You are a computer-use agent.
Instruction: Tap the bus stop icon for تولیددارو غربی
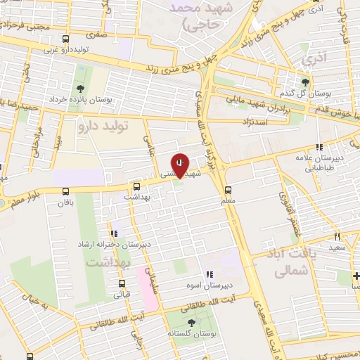[x=65, y=40]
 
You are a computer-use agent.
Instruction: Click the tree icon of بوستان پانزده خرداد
[x=79, y=88]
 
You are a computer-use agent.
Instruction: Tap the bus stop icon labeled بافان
[x=65, y=191]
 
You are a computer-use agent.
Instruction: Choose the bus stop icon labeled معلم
[x=227, y=189]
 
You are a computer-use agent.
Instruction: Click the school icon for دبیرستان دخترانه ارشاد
[x=113, y=233]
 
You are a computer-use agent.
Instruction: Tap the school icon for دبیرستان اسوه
[x=208, y=274]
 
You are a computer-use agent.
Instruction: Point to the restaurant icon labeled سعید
[x=337, y=236]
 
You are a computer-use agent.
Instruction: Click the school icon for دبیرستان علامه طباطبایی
[x=319, y=148]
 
